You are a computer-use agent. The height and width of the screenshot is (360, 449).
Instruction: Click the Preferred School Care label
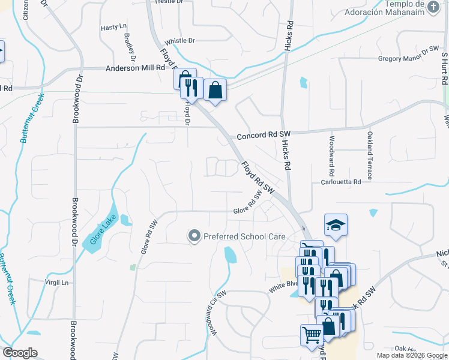pos(244,236)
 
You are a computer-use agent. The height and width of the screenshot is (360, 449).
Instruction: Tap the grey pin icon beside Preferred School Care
pos(194,236)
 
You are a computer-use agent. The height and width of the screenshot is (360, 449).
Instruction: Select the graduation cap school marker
pos(336,226)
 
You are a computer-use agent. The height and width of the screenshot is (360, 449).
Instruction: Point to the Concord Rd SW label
pos(264,136)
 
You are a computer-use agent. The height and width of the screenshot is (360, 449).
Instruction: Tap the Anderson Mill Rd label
pos(135,68)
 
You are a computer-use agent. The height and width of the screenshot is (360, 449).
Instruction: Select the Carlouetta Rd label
pos(341,182)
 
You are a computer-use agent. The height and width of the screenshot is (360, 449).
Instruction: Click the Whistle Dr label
pos(180,40)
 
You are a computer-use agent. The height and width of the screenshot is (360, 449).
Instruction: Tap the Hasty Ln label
pos(114,27)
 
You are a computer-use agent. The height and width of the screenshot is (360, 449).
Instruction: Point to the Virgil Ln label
pos(57,281)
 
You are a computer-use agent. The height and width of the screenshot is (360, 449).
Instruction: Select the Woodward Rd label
pos(331,151)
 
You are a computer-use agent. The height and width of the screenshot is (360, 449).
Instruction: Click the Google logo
pos(20,353)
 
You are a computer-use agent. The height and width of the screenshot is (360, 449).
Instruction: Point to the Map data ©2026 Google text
pos(411,355)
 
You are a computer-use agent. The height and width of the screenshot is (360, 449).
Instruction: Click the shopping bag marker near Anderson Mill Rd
pos(215,90)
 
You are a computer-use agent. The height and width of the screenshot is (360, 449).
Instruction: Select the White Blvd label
pos(283,287)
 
